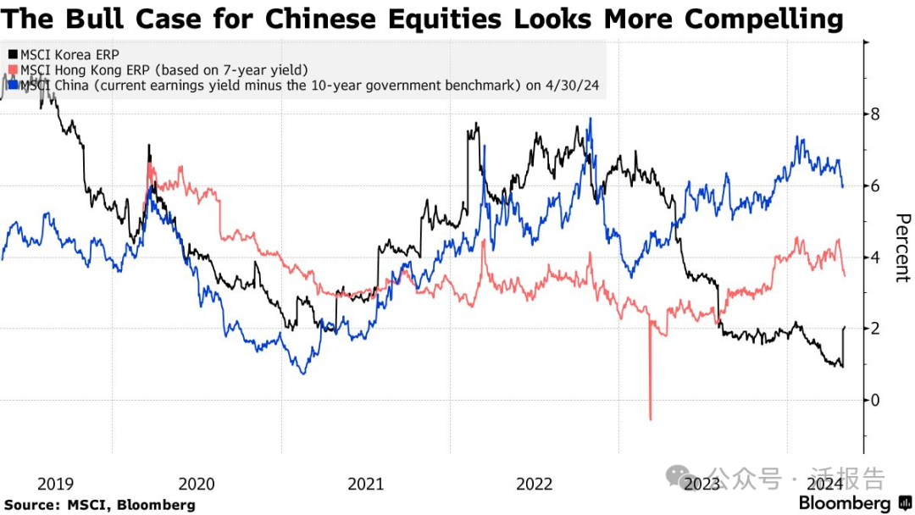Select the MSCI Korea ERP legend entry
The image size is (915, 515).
coord(60,54)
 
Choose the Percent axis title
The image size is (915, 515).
coord(901,246)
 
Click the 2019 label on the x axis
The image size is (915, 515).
coord(55,484)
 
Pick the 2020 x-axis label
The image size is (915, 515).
coord(197,484)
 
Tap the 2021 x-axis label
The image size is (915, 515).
coord(365,484)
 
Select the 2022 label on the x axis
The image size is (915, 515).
coord(534,484)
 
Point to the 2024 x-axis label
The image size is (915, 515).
coord(823,484)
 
